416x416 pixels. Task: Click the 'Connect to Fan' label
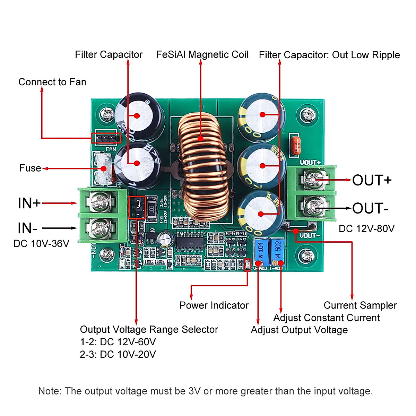pyautogui.click(x=52, y=82)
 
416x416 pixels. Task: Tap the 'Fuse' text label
pyautogui.click(x=30, y=168)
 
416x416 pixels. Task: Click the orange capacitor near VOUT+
pyautogui.click(x=295, y=145)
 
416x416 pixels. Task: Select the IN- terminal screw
pyautogui.click(x=100, y=228)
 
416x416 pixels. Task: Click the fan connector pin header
pyautogui.click(x=106, y=138)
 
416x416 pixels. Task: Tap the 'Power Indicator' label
pyautogui.click(x=214, y=305)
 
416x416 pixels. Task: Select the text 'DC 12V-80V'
pyautogui.click(x=366, y=229)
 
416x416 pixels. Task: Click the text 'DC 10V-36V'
pyautogui.click(x=41, y=244)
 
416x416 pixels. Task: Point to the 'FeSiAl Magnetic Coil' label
pyautogui.click(x=202, y=55)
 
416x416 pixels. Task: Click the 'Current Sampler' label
pyautogui.click(x=360, y=305)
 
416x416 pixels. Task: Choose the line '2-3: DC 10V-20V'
pyautogui.click(x=118, y=354)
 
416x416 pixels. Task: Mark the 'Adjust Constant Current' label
pyautogui.click(x=326, y=318)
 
